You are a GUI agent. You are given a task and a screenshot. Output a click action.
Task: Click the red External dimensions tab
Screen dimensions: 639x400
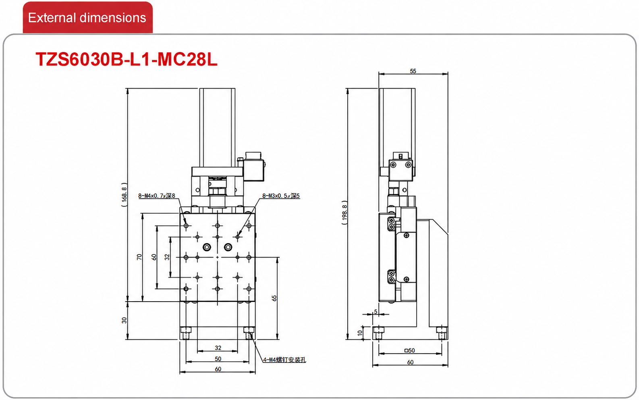[x=87, y=17]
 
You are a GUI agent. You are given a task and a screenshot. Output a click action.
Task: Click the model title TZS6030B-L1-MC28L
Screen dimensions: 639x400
[x=127, y=59]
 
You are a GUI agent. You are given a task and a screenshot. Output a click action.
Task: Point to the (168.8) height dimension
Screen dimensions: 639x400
[x=124, y=195]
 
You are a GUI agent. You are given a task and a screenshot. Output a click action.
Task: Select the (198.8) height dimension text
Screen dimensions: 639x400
[x=344, y=212]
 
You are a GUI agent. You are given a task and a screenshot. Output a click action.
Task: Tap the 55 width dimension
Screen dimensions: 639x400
[x=413, y=71]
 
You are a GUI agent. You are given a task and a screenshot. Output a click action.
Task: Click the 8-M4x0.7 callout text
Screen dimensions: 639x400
[x=157, y=196]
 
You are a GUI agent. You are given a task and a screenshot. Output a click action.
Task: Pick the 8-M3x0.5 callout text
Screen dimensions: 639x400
[x=281, y=196]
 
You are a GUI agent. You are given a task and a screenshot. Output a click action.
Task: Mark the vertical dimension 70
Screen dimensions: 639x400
[x=139, y=257]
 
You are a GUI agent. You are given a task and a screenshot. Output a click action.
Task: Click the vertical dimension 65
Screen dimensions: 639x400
[x=274, y=298]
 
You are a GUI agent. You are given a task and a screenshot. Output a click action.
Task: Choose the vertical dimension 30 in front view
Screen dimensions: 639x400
[x=124, y=320]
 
